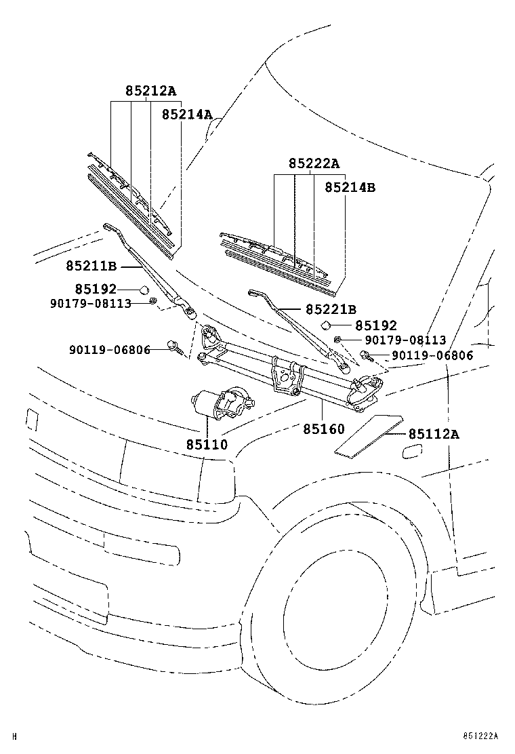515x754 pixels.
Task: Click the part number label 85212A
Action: click(x=150, y=91)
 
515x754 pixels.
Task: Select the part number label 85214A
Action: click(x=187, y=115)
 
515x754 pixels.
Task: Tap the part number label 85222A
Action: click(x=314, y=163)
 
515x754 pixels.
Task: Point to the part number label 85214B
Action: click(x=349, y=187)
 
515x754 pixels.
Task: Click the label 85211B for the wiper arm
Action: click(x=91, y=267)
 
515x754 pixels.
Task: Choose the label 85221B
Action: click(x=330, y=310)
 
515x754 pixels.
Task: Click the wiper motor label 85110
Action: click(x=207, y=445)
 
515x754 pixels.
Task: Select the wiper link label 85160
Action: click(x=323, y=429)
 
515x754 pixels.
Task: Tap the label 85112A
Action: click(x=433, y=434)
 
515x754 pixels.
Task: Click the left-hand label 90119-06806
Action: click(x=109, y=350)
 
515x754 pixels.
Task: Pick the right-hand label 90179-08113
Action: click(x=405, y=340)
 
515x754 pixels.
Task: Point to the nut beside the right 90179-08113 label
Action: click(x=337, y=339)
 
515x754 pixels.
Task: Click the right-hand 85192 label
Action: click(x=375, y=326)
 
